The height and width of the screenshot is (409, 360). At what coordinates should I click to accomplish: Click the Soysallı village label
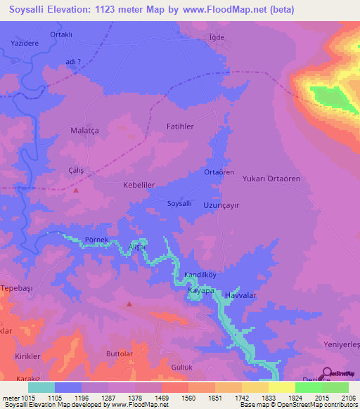coord(179,203)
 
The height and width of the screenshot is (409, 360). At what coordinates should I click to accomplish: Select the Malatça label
coord(86,130)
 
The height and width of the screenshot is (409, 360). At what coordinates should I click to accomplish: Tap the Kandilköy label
coord(199,274)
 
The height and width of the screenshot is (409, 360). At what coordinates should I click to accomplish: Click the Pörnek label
coord(96,240)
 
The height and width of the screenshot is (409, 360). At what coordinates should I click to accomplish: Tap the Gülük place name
coord(181,368)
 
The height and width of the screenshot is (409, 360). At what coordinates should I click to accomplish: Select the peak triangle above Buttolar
coord(129,304)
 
